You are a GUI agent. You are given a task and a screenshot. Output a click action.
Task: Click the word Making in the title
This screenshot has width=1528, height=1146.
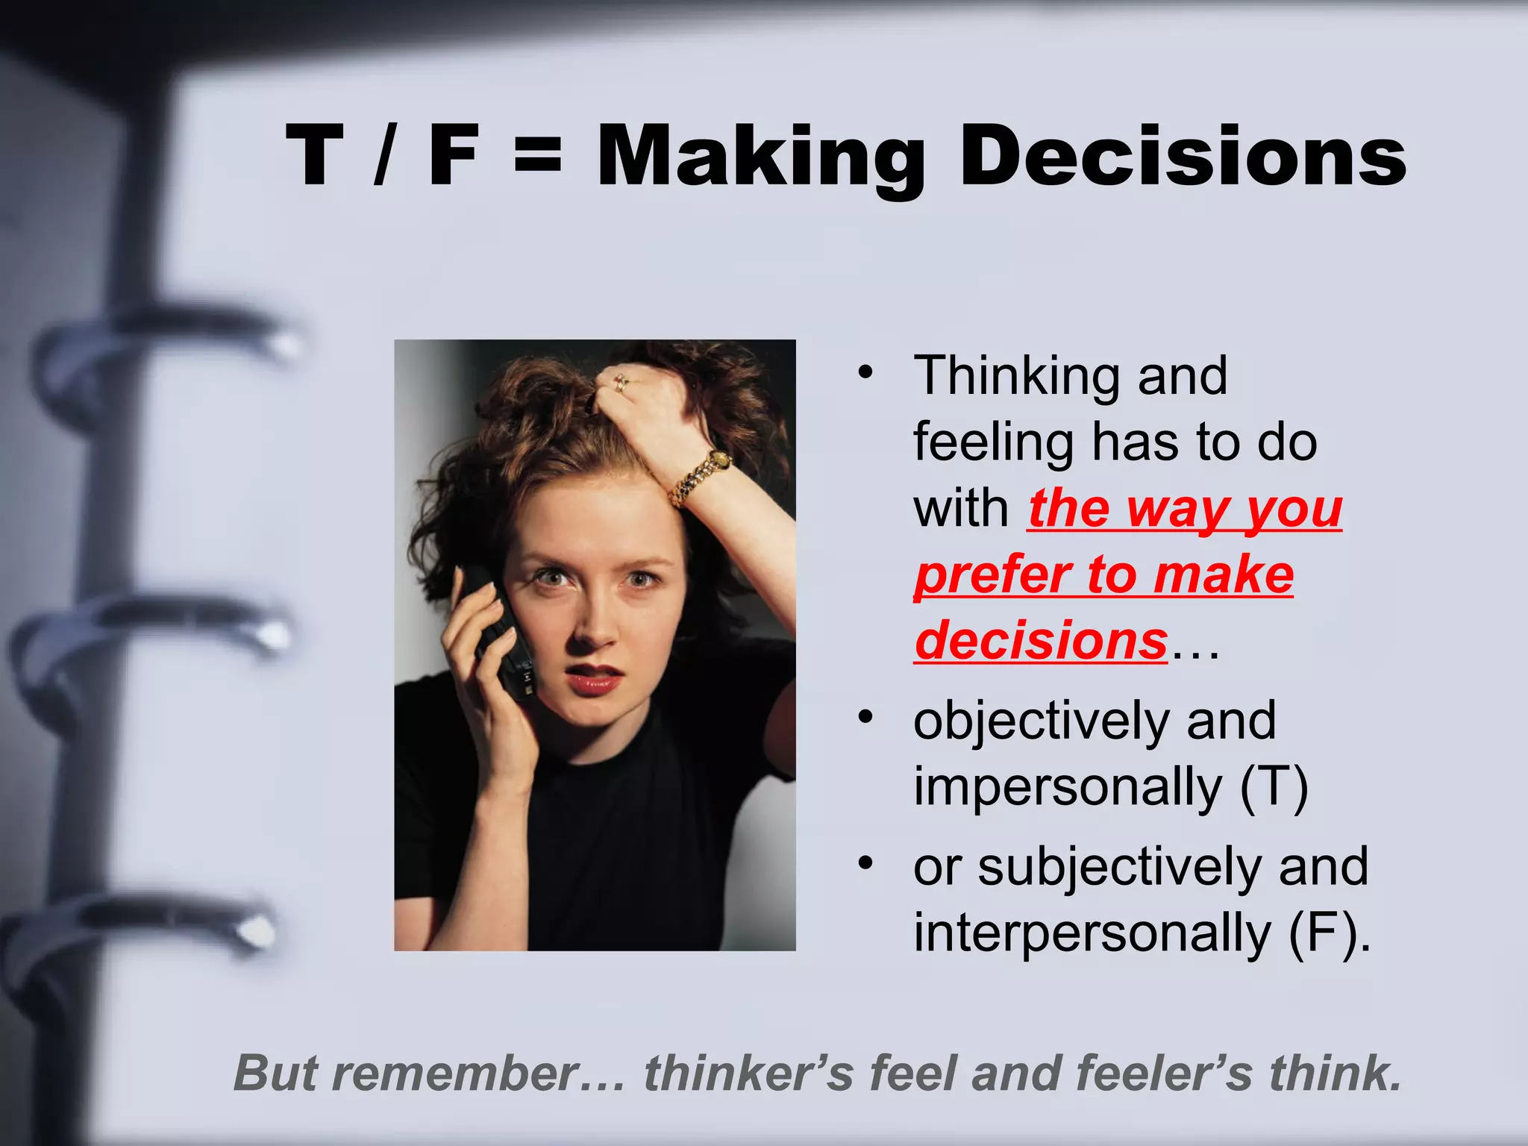761,157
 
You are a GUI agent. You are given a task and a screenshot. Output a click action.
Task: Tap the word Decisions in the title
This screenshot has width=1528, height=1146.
1183,157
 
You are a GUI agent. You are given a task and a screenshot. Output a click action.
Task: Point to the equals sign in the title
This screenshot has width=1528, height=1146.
537,157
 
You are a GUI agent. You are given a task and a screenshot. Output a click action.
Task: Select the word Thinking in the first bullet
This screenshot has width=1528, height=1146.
1015,377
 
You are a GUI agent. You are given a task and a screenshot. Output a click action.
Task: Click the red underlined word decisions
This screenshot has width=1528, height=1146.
1041,640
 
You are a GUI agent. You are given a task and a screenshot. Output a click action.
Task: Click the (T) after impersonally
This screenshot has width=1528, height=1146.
1274,787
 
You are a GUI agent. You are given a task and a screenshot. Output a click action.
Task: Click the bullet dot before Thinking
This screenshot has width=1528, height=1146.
865,372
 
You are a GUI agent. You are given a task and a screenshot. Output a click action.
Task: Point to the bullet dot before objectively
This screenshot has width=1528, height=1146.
865,718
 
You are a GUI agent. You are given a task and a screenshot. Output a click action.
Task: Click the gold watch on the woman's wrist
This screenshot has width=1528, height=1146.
701,477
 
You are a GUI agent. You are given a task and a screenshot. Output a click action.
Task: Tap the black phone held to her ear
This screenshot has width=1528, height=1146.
500,634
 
